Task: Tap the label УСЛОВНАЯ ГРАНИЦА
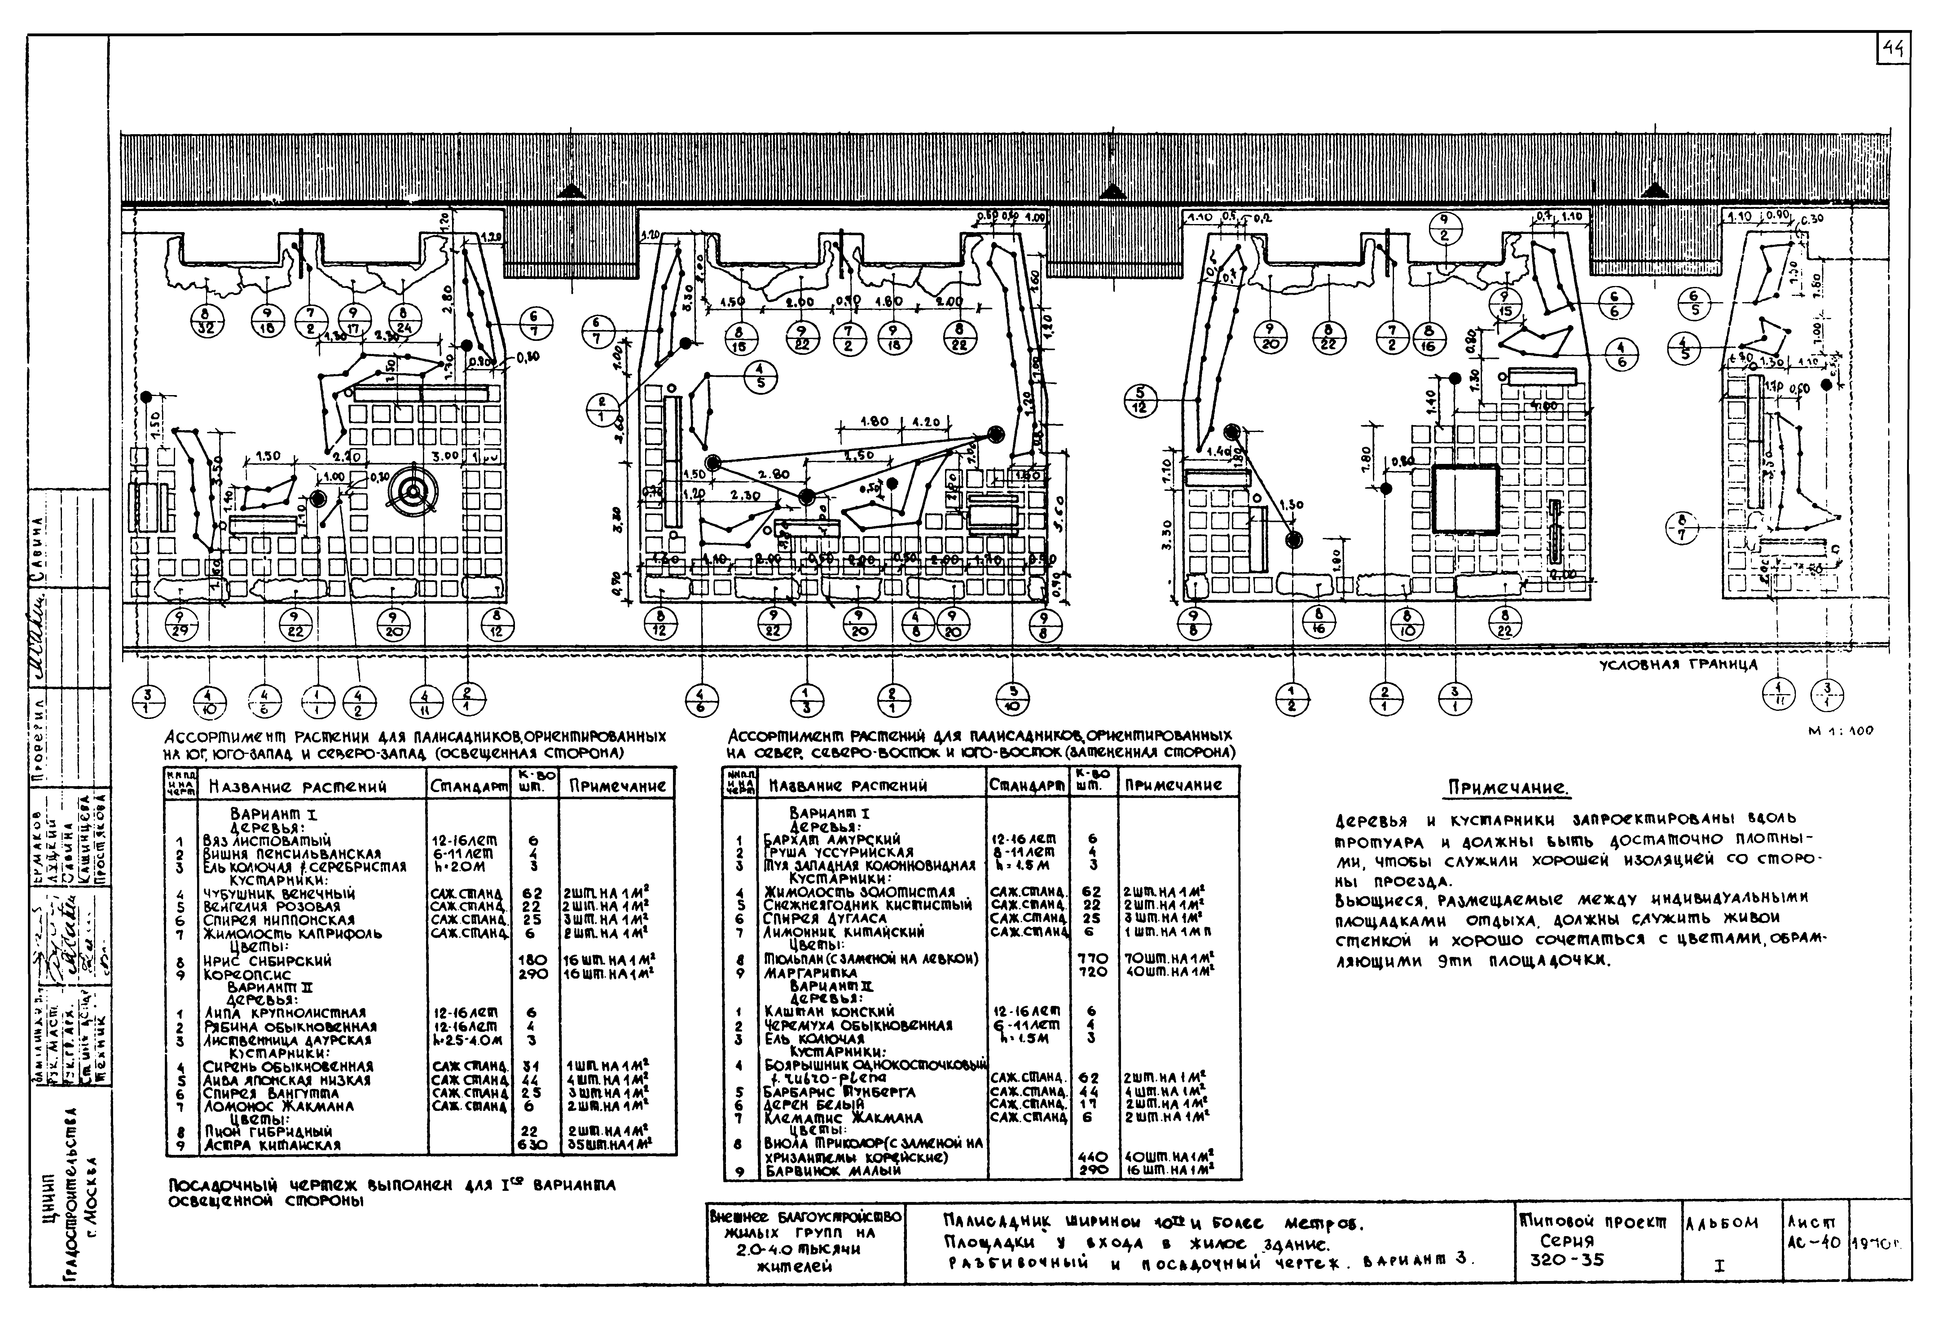[x=1678, y=666]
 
